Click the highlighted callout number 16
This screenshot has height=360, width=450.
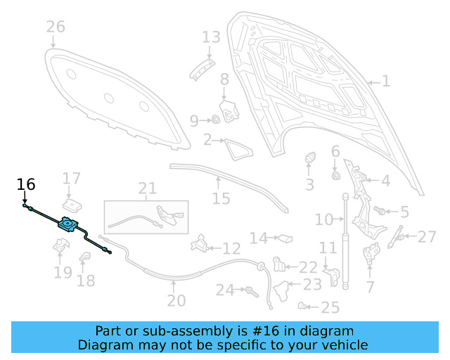pyautogui.click(x=26, y=185)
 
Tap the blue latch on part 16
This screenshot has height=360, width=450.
pyautogui.click(x=68, y=224)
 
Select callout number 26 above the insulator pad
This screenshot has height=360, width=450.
pyautogui.click(x=56, y=27)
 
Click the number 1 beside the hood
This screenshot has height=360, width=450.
pyautogui.click(x=385, y=82)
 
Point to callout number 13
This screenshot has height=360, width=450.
pyautogui.click(x=211, y=37)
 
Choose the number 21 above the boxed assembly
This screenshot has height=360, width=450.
pyautogui.click(x=147, y=188)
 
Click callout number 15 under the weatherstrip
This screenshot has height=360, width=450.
pyautogui.click(x=221, y=199)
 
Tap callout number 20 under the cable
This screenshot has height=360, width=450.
pyautogui.click(x=176, y=301)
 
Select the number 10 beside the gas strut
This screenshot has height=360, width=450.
pyautogui.click(x=324, y=220)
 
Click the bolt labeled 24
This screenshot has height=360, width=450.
pyautogui.click(x=250, y=289)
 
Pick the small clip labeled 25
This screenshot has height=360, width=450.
pyautogui.click(x=302, y=305)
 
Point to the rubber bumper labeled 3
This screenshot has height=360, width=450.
pyautogui.click(x=309, y=161)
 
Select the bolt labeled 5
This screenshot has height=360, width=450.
pyautogui.click(x=380, y=210)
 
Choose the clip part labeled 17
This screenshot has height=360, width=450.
pyautogui.click(x=70, y=205)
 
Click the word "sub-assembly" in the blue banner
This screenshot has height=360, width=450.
pyautogui.click(x=174, y=331)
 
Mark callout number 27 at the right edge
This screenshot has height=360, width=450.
pyautogui.click(x=427, y=237)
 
